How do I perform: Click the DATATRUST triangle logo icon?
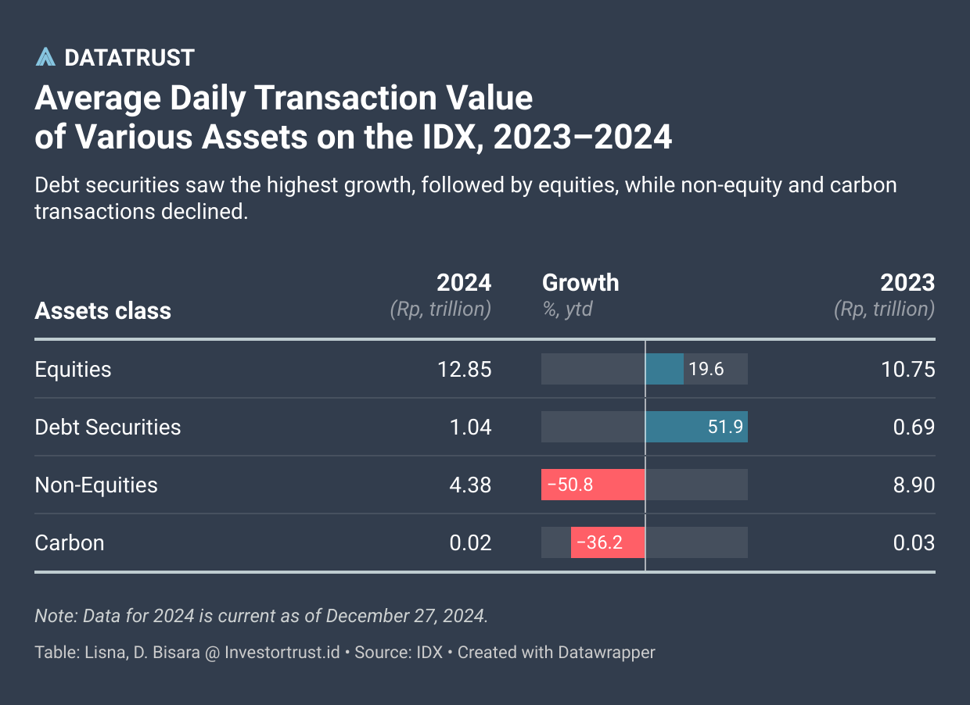(46, 57)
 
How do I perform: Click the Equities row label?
(73, 369)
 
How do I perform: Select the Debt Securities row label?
(108, 427)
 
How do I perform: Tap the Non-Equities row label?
(96, 485)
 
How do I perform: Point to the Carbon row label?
(70, 542)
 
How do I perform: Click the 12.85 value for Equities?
(465, 369)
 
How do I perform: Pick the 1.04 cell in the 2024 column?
(471, 427)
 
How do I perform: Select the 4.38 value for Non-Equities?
(471, 485)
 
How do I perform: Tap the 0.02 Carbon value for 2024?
(471, 542)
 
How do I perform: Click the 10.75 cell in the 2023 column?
(907, 369)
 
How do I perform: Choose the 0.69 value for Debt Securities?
(914, 427)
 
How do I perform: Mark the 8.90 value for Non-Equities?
(914, 485)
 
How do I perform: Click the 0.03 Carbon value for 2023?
(914, 542)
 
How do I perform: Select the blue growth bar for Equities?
(665, 369)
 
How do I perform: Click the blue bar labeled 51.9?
(696, 427)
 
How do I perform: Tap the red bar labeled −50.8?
(593, 485)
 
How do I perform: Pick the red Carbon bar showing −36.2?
(608, 542)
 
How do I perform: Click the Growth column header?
(580, 282)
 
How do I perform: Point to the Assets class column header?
(102, 310)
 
